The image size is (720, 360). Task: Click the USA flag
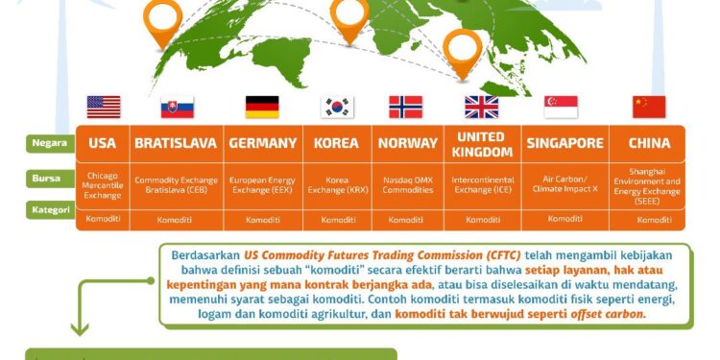point(103,107)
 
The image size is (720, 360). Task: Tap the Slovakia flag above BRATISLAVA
point(177,107)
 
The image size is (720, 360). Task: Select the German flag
point(262,107)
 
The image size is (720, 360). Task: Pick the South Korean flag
point(337,107)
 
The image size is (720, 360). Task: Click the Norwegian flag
point(405,107)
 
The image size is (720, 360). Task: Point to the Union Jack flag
point(481,107)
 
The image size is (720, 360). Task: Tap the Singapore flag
point(561,107)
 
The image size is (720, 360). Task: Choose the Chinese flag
point(649,107)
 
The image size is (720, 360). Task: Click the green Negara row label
point(49,143)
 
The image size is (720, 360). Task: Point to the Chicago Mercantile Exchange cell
point(103,186)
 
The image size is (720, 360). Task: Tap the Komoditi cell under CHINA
point(654,220)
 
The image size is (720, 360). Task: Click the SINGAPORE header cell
point(565,144)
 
